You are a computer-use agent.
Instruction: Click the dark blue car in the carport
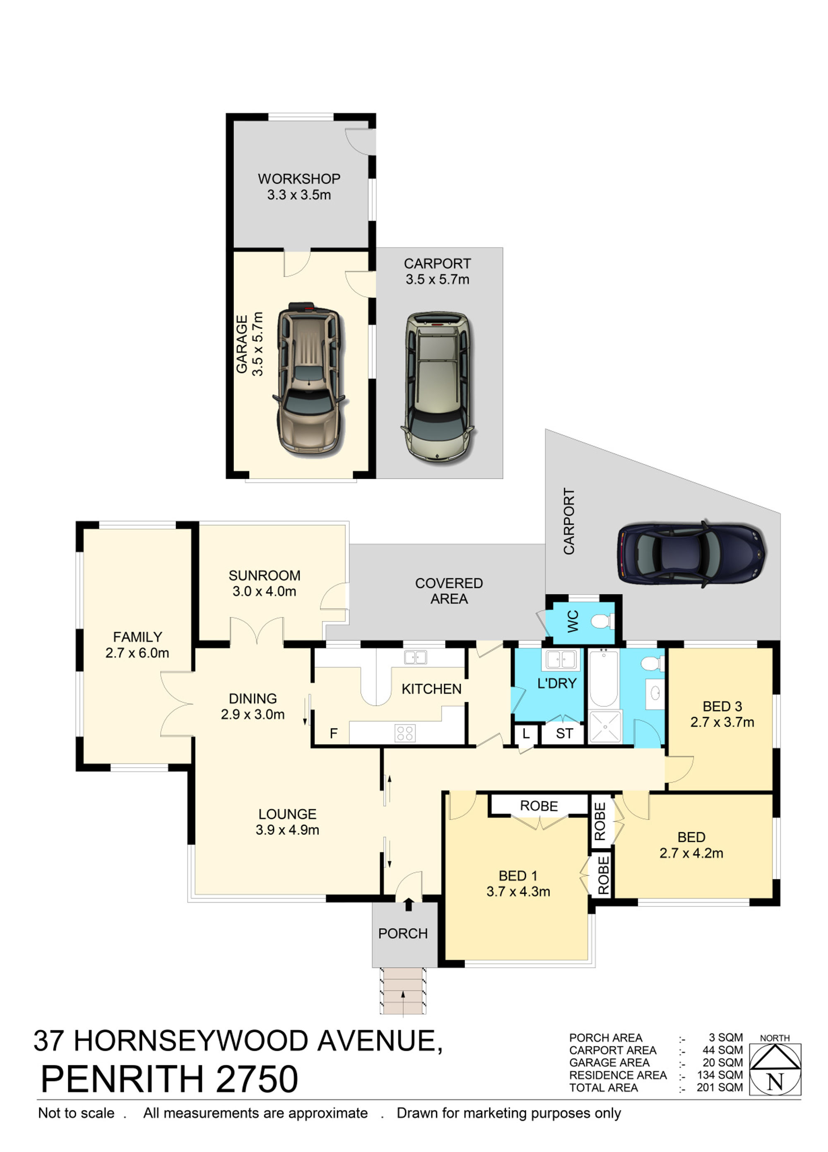[x=691, y=554]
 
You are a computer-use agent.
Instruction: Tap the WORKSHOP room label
[x=298, y=179]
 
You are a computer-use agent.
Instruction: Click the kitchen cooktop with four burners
[x=405, y=733]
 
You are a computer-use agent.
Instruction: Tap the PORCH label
[x=403, y=934]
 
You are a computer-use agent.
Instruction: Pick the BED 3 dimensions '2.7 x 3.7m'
[x=722, y=722]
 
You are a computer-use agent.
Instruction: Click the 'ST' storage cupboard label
[x=564, y=733]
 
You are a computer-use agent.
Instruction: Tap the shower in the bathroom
[x=605, y=727]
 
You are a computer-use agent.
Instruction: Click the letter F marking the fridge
[x=334, y=733]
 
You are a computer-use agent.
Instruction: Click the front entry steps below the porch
[x=403, y=991]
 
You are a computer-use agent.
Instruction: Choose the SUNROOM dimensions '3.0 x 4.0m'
[x=264, y=591]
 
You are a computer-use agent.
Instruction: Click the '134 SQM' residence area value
[x=720, y=1075]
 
